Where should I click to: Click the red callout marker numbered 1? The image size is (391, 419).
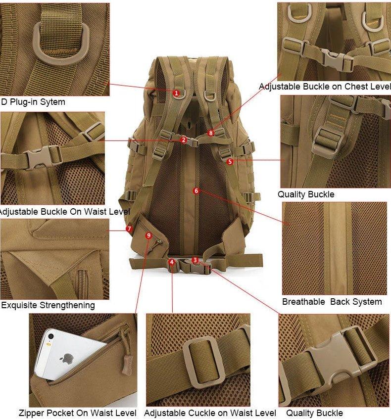point(176,93)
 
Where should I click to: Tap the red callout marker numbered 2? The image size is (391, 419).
point(184,140)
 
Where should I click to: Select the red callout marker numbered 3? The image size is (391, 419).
point(195,260)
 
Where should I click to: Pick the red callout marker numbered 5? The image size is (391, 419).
point(230,161)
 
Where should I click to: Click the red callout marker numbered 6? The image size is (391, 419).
point(196,190)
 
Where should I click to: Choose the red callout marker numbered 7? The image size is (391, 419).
point(129,229)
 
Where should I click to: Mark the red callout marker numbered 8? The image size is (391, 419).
point(211,133)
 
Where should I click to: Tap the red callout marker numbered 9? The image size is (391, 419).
point(148,235)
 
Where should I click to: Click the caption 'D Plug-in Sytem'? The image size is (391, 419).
point(33,102)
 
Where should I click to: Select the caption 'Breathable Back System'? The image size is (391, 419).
point(332,302)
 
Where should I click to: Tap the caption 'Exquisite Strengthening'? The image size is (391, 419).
point(48,305)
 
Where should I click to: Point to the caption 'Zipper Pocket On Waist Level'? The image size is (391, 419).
point(78,413)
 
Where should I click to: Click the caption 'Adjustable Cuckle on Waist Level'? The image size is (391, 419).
point(210,413)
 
